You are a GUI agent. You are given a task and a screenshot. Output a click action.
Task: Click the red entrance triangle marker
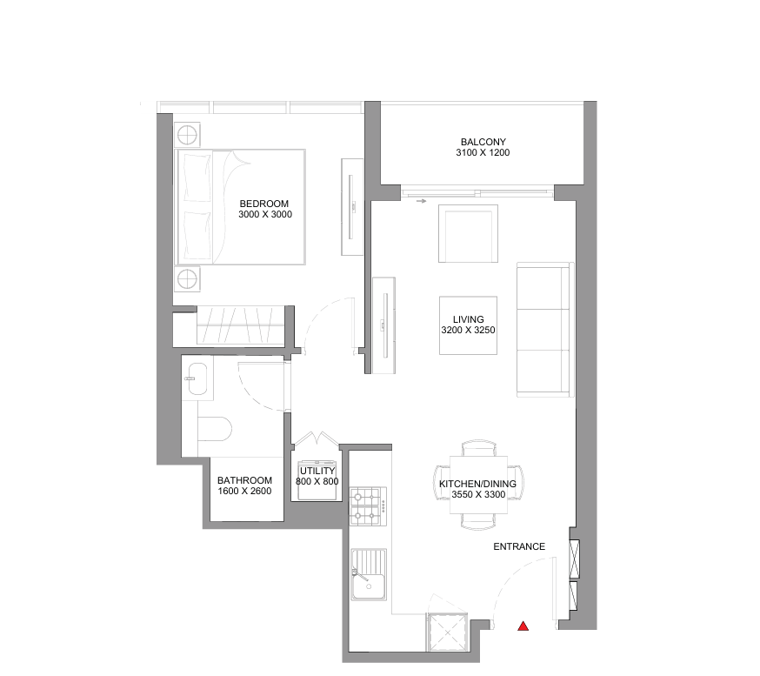click(x=523, y=626)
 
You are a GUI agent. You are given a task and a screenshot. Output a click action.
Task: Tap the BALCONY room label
click(x=483, y=142)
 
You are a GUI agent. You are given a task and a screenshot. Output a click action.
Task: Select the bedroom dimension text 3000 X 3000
click(x=265, y=214)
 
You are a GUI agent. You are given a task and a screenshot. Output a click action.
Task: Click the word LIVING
click(x=468, y=319)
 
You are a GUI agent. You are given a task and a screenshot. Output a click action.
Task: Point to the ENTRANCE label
click(x=519, y=546)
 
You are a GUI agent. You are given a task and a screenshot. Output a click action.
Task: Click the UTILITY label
click(x=317, y=471)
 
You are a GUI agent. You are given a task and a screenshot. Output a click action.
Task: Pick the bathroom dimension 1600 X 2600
click(x=244, y=492)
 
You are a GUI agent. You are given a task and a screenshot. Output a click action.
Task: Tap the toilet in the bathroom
click(x=215, y=429)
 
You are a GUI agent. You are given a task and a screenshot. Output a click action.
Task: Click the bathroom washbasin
click(x=197, y=378)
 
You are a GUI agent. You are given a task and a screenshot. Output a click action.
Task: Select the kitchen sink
click(x=369, y=575)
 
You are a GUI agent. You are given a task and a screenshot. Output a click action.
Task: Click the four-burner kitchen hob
click(x=369, y=506)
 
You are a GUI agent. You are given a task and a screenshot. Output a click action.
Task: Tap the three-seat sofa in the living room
click(x=545, y=330)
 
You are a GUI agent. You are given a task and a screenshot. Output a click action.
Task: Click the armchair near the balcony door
click(x=468, y=234)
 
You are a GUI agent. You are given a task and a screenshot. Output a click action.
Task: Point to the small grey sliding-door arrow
click(x=421, y=201)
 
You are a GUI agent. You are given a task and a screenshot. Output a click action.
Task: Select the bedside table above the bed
click(x=187, y=134)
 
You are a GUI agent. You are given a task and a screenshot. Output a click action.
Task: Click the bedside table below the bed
click(x=187, y=278)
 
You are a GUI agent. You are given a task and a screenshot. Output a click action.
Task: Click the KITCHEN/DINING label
click(x=477, y=484)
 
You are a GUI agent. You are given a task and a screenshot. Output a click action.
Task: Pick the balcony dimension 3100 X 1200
click(x=483, y=153)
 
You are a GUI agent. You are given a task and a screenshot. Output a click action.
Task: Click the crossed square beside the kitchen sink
click(x=447, y=631)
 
